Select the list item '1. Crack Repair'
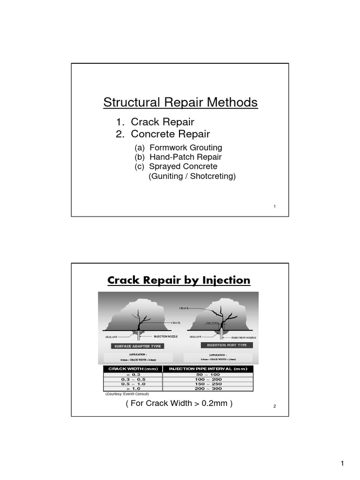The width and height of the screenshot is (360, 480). click(x=155, y=122)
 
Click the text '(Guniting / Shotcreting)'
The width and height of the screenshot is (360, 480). click(x=192, y=176)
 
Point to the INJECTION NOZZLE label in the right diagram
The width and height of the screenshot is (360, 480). click(x=244, y=337)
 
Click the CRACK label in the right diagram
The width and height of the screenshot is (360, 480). click(x=184, y=308)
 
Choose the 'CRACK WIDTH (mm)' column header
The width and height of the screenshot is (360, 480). click(x=133, y=369)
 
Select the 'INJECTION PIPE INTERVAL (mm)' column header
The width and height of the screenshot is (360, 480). click(x=207, y=369)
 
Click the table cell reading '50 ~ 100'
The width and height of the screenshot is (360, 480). click(x=207, y=375)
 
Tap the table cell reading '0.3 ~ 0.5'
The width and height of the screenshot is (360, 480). click(x=133, y=379)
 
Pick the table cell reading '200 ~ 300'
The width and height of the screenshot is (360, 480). click(x=207, y=389)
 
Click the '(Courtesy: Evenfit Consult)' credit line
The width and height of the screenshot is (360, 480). click(x=127, y=394)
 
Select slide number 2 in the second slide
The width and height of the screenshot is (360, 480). click(x=275, y=406)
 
